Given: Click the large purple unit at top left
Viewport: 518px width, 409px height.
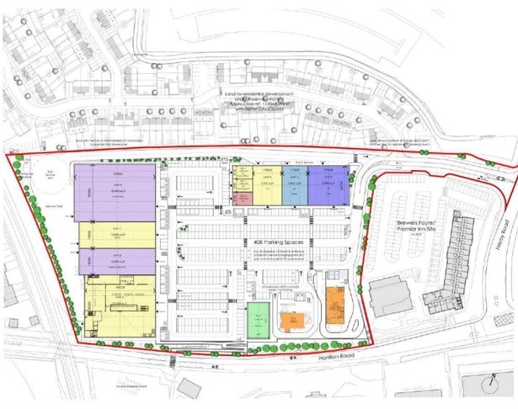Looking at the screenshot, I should (115, 193).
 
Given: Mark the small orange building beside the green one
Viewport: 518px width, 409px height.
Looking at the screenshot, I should (292, 321).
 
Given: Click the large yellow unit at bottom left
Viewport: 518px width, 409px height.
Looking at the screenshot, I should (120, 305).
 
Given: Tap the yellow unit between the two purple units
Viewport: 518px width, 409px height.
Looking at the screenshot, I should (117, 235).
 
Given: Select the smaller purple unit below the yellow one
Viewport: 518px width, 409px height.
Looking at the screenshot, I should (117, 262).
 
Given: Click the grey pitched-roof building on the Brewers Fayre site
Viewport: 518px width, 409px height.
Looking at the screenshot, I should (389, 295).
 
